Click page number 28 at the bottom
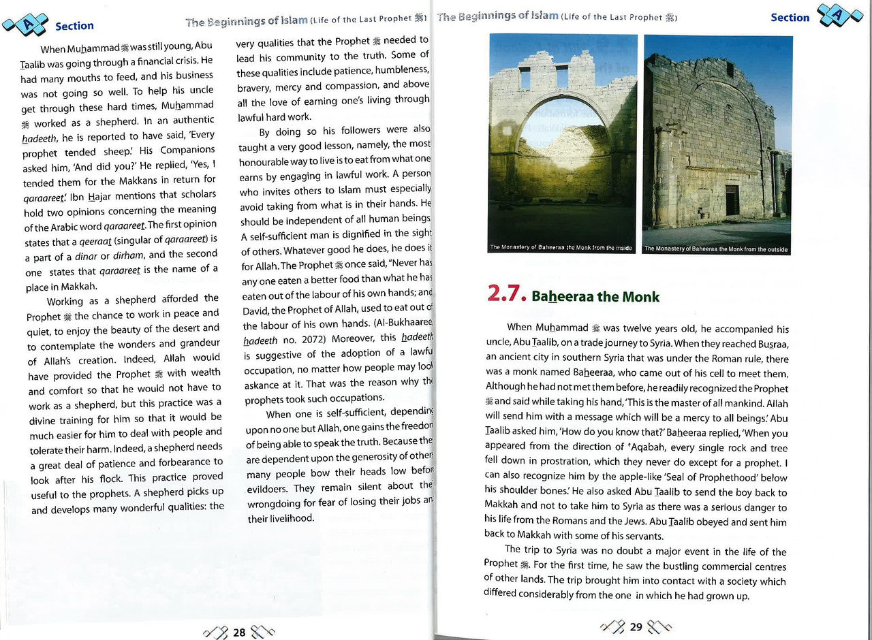(x=239, y=633)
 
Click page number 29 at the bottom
(x=636, y=627)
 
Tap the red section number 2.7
(x=506, y=293)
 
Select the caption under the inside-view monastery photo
(x=561, y=248)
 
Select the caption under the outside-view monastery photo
(x=716, y=249)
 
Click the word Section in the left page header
(x=74, y=26)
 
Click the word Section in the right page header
(x=790, y=17)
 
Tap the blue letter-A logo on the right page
(x=839, y=14)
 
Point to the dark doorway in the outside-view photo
(x=732, y=200)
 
